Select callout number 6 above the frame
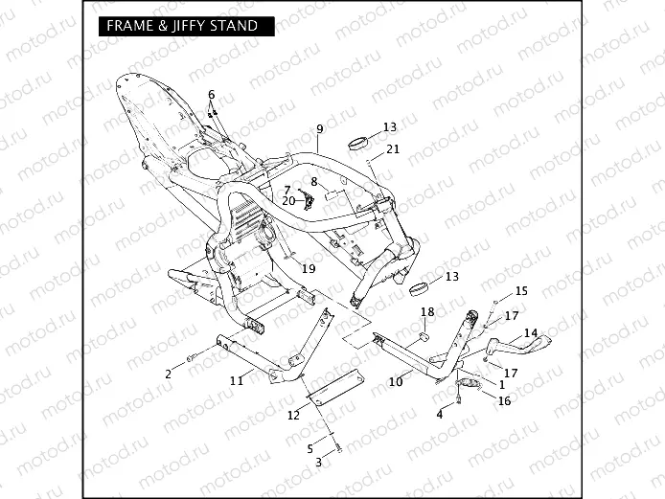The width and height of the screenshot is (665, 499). tap(212, 94)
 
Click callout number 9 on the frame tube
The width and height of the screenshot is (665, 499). tap(319, 129)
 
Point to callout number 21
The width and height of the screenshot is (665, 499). tap(393, 149)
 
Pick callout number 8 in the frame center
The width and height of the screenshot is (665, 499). tap(313, 181)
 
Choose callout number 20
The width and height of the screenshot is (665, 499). tap(288, 201)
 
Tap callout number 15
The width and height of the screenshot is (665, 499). tap(521, 290)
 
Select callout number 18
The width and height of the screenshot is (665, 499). tap(427, 312)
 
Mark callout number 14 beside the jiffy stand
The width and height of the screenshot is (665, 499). tap(531, 333)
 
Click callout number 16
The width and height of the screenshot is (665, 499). tap(504, 400)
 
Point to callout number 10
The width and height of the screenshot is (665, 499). tap(395, 382)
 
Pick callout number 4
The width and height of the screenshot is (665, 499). tap(440, 415)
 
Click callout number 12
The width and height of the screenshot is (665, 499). tap(293, 415)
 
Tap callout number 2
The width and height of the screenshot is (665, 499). tap(168, 374)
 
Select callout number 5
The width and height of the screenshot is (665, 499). tap(310, 448)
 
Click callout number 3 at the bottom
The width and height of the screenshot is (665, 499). tap(319, 462)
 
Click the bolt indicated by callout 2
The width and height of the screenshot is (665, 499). tap(191, 358)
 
